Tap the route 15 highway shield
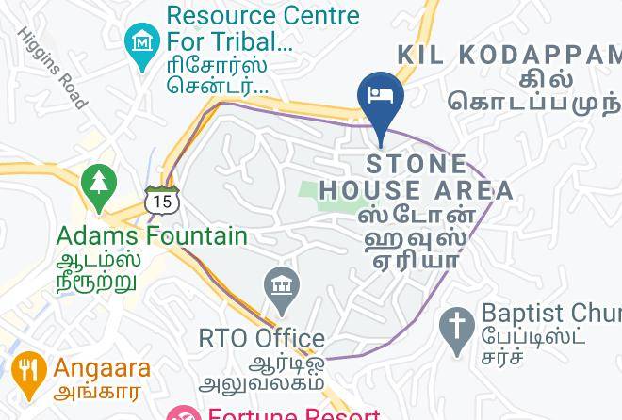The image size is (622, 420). (x=161, y=200)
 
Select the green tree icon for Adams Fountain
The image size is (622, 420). (x=98, y=183)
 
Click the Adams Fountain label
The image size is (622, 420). (x=152, y=235)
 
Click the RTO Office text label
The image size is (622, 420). (x=262, y=338)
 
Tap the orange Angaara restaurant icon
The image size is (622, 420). (x=29, y=371)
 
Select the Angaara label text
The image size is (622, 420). (x=102, y=368)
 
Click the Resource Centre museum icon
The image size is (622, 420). (x=142, y=43)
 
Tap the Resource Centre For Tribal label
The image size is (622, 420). (x=262, y=28)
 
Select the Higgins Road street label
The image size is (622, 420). (x=53, y=67)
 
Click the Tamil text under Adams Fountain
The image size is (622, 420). (x=97, y=270)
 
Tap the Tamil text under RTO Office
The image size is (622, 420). (x=264, y=373)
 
